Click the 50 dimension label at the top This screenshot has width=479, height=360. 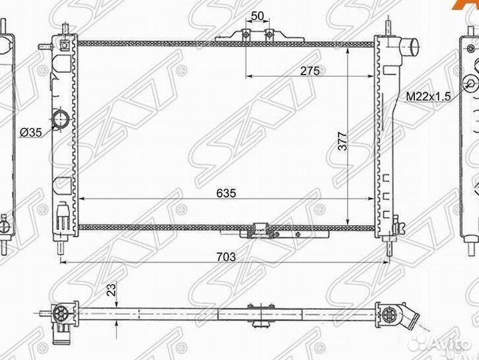(258, 16)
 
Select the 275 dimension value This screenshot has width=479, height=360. (310, 71)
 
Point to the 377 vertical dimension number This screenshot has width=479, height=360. (343, 141)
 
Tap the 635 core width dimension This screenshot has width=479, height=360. (226, 193)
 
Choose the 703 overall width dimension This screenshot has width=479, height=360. (226, 257)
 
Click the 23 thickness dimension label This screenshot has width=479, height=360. (112, 290)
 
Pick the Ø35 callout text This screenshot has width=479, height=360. (31, 133)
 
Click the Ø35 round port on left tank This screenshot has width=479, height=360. (60, 119)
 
